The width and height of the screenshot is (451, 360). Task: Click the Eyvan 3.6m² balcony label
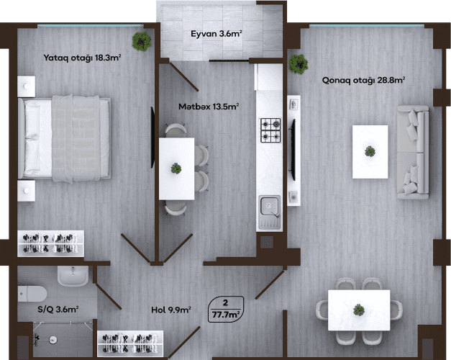coord(216,34)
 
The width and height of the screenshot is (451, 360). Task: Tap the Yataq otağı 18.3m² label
coord(82,58)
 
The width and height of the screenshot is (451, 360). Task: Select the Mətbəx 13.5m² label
coord(209,107)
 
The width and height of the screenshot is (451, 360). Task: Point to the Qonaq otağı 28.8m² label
coord(363,80)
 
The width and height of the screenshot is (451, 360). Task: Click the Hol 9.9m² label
coord(171,310)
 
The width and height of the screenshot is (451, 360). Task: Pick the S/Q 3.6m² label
coord(58,310)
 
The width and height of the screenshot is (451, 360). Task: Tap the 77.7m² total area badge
coord(226,310)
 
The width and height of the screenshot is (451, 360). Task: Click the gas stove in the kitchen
coord(270,130)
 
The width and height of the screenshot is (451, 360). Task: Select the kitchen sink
coord(270,213)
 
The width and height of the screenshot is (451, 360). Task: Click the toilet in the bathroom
coord(32,294)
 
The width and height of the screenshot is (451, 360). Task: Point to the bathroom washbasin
coord(73,276)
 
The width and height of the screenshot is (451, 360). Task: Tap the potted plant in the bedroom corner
coord(142,41)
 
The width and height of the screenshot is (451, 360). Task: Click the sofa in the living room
coord(413,153)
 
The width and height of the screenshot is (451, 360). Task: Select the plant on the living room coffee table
coord(370,151)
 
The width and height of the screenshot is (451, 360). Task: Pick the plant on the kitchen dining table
coord(176,168)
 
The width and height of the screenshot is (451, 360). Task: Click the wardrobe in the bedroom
coord(50,243)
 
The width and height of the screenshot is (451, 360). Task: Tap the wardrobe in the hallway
coord(130,343)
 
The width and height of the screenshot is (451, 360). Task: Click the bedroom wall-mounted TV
coord(152,138)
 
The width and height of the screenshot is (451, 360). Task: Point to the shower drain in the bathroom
coord(53,340)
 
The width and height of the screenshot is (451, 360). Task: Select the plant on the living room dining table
coord(359,310)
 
